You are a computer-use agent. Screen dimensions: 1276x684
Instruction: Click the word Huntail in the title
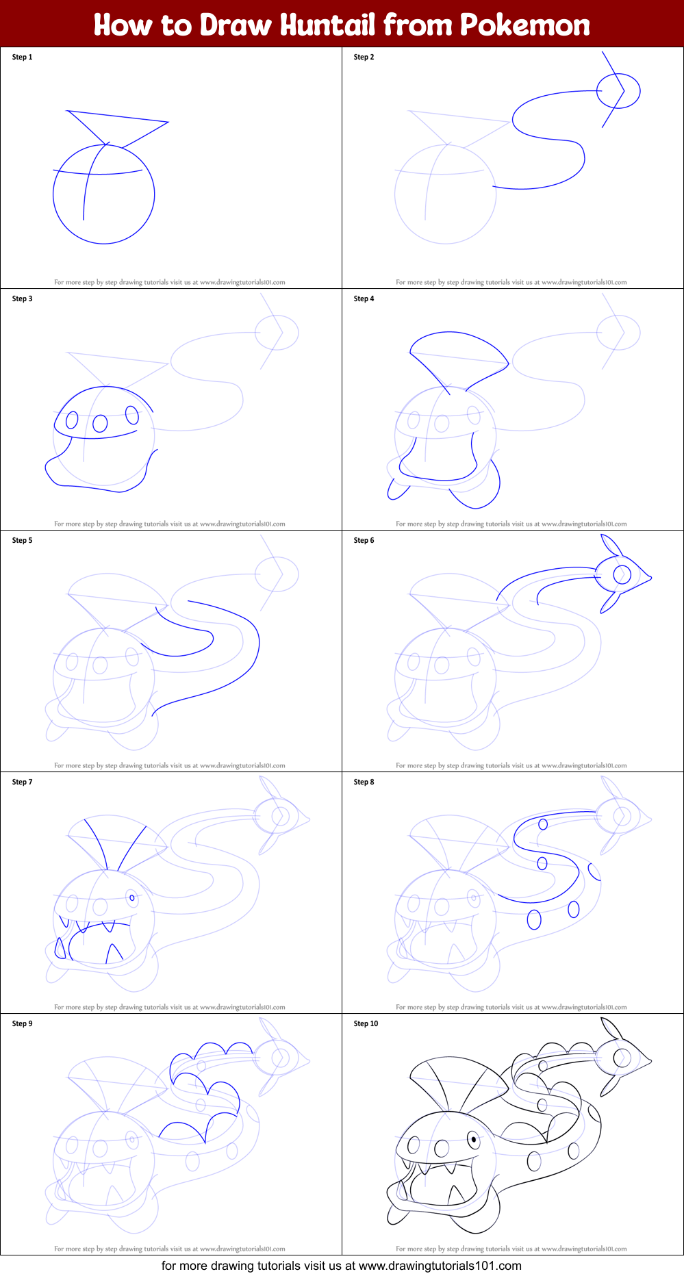tap(328, 25)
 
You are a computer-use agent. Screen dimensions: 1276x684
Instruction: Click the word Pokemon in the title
tap(524, 25)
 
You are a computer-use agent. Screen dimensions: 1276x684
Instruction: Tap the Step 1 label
tap(22, 57)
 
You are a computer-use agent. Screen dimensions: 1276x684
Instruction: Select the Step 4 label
tap(364, 298)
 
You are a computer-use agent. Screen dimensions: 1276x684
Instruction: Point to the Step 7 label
tap(22, 782)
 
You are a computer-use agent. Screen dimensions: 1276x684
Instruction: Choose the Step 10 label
tap(366, 1023)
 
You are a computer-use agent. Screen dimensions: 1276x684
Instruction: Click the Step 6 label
tap(364, 540)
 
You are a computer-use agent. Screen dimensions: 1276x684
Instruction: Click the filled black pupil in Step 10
tap(473, 1140)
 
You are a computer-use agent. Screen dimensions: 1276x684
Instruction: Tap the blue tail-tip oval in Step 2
tap(618, 90)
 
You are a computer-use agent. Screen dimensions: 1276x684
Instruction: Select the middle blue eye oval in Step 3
tap(100, 424)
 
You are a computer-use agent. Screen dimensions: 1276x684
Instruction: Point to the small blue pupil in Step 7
tap(132, 897)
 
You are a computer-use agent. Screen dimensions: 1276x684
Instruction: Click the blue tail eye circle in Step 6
tap(622, 574)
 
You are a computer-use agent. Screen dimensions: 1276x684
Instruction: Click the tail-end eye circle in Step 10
tap(622, 1058)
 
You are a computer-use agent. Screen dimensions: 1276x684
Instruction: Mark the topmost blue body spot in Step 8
tap(543, 824)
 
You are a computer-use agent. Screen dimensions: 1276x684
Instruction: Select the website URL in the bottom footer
tap(440, 1266)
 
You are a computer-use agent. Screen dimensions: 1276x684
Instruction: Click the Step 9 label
tap(22, 1023)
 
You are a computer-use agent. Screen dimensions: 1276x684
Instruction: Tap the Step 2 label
tap(364, 57)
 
